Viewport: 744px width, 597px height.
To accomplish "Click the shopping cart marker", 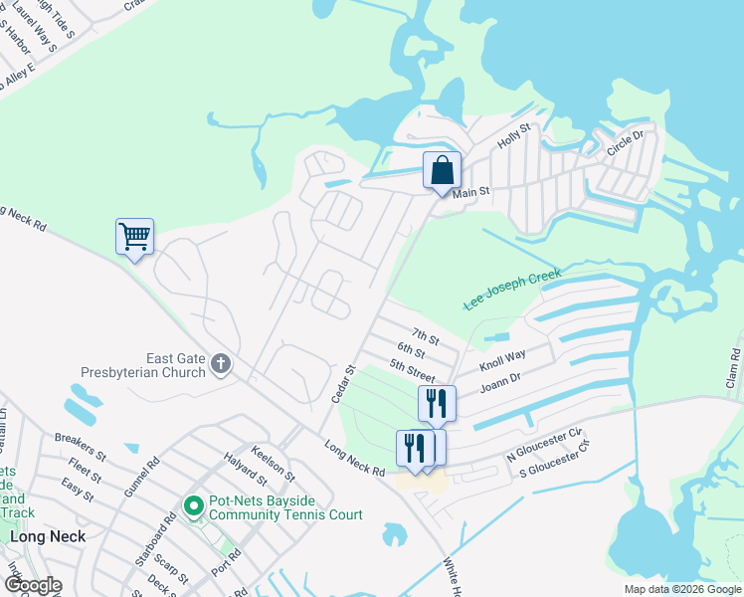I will coord(134,237).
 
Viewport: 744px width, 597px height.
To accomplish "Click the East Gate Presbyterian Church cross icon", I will coord(221,366).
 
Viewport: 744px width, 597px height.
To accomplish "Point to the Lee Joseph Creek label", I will coord(512,290).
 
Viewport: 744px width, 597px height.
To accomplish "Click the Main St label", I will coord(472,191).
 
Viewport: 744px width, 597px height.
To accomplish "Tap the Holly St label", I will coord(515,135).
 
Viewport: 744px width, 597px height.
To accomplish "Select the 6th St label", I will coord(411,350).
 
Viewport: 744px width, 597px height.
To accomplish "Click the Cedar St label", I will coord(342,384).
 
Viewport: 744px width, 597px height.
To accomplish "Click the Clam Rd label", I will coord(733,368).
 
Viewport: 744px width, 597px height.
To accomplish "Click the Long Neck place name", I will coord(48,535).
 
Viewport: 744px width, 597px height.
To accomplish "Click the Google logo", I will coord(33,585).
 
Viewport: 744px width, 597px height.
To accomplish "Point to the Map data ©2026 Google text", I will coord(681,589).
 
